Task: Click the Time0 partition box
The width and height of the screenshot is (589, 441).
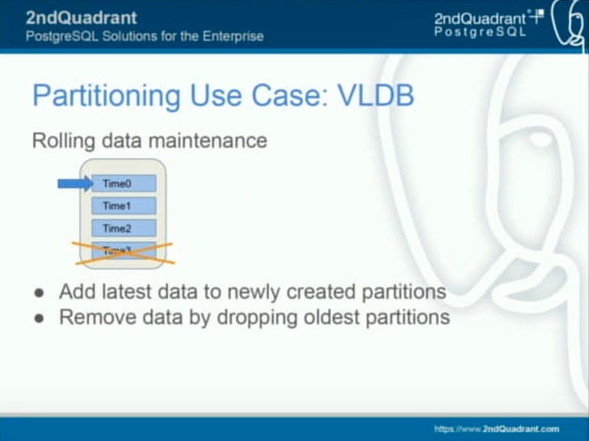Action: tap(124, 183)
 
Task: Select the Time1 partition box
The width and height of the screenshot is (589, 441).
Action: tap(124, 206)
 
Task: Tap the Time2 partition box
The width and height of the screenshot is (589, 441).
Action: tap(124, 228)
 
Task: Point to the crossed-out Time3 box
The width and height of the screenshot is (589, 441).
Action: tap(124, 252)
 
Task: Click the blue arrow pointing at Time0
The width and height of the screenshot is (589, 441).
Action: tap(75, 183)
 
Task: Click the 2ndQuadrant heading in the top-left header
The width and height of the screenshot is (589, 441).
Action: tap(81, 17)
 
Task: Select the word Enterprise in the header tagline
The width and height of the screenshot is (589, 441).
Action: tap(231, 36)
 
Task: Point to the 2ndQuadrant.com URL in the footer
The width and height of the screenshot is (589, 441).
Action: tap(497, 429)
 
